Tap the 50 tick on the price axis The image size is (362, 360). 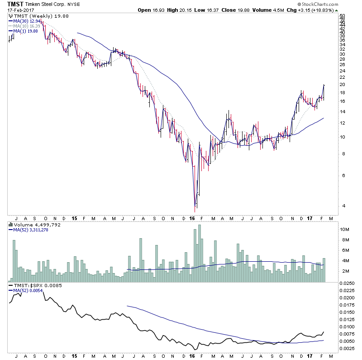point(342,16)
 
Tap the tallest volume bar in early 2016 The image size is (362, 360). point(199,254)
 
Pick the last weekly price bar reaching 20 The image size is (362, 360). point(324,91)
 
